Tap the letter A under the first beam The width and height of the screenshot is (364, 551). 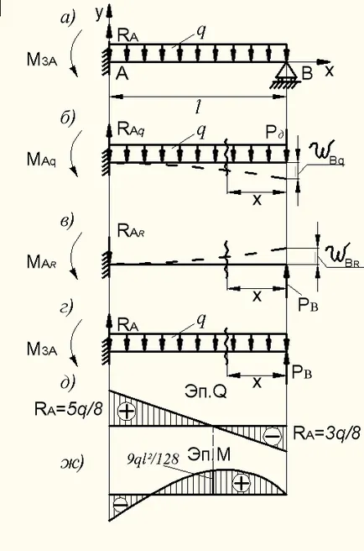coord(122,73)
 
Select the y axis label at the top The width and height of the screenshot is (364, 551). coord(100,12)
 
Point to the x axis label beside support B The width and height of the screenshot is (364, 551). coord(329,71)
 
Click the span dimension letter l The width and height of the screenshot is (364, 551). coord(198,108)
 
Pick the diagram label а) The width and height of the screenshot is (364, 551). coord(68,18)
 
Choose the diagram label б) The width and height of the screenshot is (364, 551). coord(68,118)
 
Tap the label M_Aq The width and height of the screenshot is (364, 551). coord(41,160)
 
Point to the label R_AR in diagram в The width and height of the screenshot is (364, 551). coord(131,231)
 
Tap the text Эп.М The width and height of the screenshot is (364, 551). coord(209,454)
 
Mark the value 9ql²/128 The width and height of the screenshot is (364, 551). coord(153,459)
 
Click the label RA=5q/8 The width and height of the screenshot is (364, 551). coord(69,408)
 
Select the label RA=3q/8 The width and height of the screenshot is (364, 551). coord(327,433)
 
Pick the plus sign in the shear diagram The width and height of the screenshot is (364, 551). coord(127,411)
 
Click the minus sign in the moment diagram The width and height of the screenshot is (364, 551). coord(120,505)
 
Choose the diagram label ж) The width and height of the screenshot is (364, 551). coord(72,463)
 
